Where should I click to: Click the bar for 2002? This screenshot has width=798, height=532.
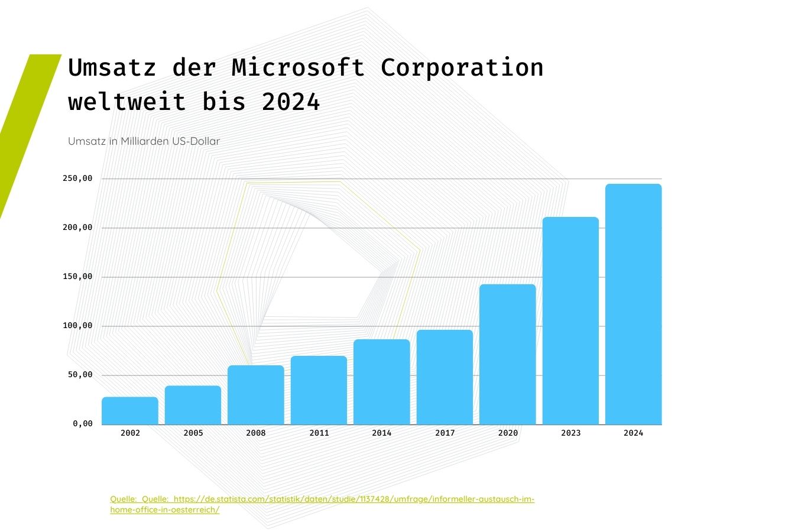point(130,411)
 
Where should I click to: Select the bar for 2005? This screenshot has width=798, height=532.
point(193,406)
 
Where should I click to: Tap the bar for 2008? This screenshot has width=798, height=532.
point(256,395)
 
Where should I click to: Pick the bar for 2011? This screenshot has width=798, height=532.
point(319,390)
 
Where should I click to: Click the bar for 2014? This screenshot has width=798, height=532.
point(382,382)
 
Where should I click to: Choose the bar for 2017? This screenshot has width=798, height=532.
point(445,377)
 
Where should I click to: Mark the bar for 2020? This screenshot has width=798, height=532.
point(508,355)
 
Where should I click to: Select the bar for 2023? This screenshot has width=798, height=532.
point(570,321)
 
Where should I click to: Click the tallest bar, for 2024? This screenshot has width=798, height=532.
point(634,304)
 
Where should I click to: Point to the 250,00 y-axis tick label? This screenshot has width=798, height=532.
point(77,179)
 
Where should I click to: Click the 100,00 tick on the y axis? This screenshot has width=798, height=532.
point(77,326)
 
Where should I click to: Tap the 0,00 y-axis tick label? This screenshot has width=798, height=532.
point(83,424)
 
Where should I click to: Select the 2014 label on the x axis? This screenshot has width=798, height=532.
point(382,433)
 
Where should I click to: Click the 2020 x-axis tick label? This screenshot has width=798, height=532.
point(508,433)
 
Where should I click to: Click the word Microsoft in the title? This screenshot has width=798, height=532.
point(298,68)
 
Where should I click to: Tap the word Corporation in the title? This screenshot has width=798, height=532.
point(462,68)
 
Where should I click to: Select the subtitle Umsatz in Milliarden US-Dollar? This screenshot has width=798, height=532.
point(144,141)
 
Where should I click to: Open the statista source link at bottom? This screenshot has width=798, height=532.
point(322,499)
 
